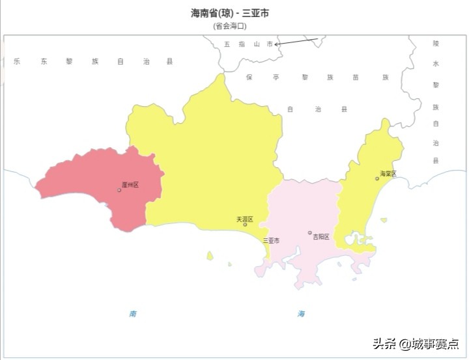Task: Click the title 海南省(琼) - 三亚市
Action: [230, 14]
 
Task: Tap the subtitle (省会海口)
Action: [230, 26]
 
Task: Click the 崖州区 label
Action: [130, 186]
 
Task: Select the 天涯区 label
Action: [245, 219]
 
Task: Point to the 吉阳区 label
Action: [321, 236]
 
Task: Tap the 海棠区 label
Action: [388, 174]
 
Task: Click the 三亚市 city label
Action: [271, 240]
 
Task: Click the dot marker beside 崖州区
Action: [119, 190]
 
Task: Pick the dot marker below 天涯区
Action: [245, 225]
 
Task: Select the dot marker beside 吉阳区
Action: [310, 232]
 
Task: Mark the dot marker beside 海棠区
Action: [377, 178]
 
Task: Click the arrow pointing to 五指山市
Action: [296, 42]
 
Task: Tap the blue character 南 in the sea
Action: [133, 314]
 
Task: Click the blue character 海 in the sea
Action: [301, 314]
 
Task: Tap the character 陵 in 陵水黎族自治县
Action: [436, 43]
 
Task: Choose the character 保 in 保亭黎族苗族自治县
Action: [248, 77]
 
